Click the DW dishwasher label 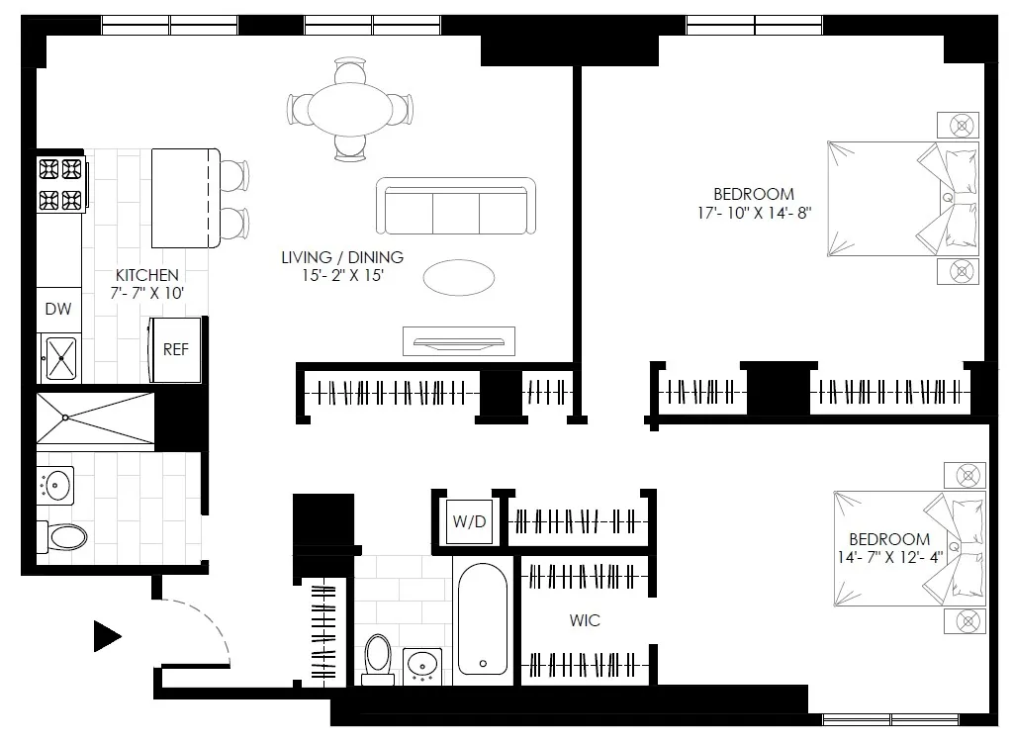tap(58, 310)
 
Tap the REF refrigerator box tap(175, 349)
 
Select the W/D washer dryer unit tap(469, 521)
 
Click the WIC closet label tap(584, 621)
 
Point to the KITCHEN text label tap(147, 275)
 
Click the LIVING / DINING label tap(342, 257)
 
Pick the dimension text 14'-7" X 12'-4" tap(888, 557)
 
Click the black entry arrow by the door tap(107, 636)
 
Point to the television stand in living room tap(458, 341)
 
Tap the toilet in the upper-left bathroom tap(62, 537)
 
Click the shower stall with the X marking tap(95, 418)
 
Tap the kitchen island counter tap(184, 199)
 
